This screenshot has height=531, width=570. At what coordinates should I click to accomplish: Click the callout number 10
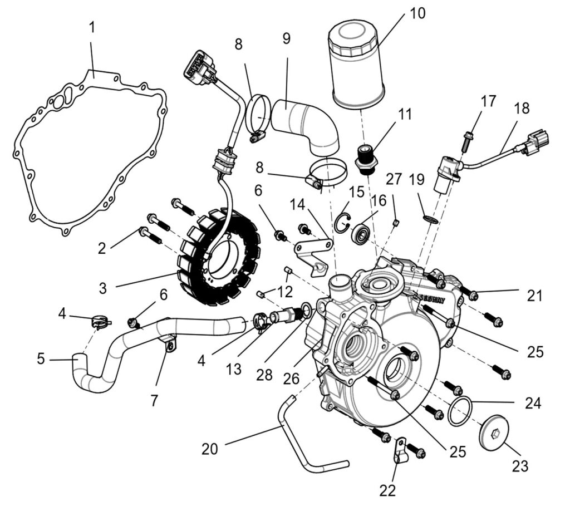(417, 13)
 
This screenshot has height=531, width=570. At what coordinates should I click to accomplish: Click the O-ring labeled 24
(460, 411)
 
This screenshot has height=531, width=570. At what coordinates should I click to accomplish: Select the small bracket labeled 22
(399, 450)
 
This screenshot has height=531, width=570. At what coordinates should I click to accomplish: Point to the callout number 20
(209, 449)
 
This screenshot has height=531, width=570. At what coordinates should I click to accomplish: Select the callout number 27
(394, 179)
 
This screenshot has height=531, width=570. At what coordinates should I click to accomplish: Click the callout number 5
(41, 359)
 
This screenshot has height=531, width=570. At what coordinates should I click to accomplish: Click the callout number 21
(535, 296)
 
